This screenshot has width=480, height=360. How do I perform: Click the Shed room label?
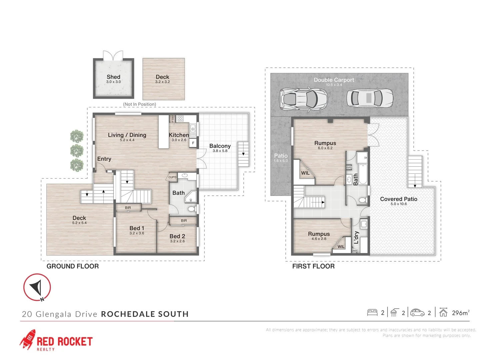point(113,77)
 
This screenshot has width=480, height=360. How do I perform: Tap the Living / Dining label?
point(127,135)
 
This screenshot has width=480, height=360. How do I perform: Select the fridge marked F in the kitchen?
point(193,143)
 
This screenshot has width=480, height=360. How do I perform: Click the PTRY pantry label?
point(173,119)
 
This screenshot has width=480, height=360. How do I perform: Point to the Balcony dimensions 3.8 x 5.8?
point(220,151)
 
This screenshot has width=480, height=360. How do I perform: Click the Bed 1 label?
point(137,228)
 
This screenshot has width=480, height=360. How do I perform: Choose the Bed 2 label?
point(177,236)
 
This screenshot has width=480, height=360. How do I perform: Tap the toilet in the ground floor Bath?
point(191,209)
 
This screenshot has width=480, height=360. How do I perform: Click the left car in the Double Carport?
point(303,99)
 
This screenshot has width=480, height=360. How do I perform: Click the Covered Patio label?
point(398,199)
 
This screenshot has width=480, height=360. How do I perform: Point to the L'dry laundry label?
point(356,237)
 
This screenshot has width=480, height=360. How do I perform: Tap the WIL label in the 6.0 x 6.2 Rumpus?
point(305,173)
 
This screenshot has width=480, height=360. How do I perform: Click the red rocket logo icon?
point(28,339)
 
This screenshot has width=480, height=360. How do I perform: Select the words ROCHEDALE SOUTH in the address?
point(145,314)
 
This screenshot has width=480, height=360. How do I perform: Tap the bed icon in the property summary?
point(372,313)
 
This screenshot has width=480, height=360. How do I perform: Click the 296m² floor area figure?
point(460,313)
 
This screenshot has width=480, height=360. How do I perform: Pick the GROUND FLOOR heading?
point(73,266)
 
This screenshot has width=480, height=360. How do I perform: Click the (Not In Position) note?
point(139,104)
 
